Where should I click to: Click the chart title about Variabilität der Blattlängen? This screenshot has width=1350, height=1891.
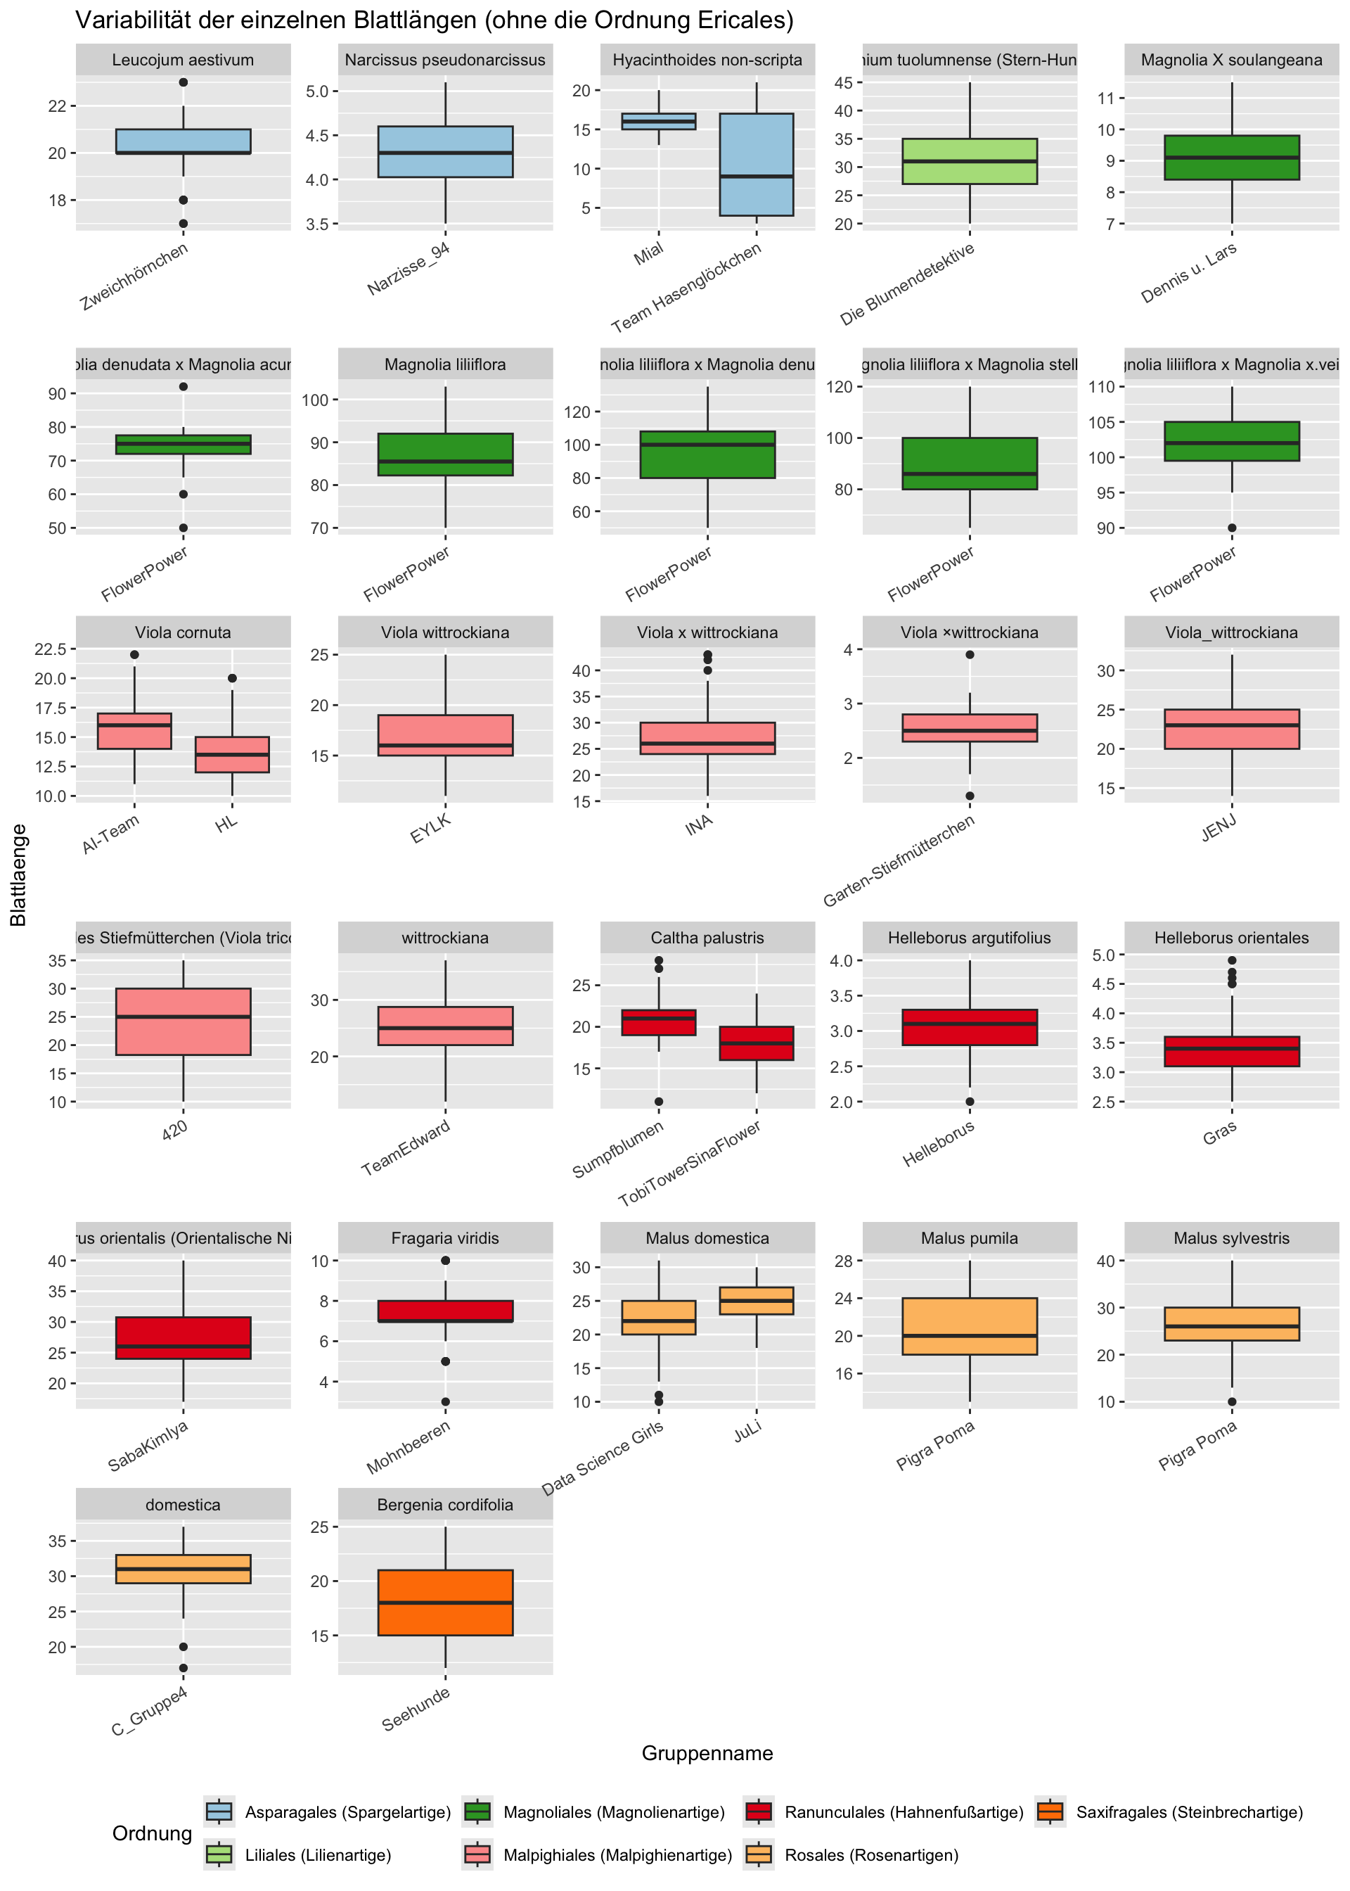[434, 20]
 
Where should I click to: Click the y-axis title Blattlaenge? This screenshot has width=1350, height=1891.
[18, 875]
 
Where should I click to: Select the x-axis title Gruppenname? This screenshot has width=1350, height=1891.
[707, 1753]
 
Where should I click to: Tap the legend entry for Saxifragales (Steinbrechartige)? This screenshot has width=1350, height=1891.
[1189, 1812]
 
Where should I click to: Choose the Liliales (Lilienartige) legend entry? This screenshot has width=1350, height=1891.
[318, 1855]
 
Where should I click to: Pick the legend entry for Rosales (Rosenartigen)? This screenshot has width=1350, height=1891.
[871, 1855]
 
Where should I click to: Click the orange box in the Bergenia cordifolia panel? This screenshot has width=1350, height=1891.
[445, 1602]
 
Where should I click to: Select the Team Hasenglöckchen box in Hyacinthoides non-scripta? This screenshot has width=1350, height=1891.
[756, 165]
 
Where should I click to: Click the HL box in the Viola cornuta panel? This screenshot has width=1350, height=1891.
[232, 754]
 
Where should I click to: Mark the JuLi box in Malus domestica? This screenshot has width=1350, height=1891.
[756, 1301]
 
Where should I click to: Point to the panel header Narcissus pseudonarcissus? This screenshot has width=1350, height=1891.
[445, 60]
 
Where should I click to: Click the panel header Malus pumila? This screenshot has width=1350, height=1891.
[970, 1238]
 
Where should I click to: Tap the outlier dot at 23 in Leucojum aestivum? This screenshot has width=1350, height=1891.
[183, 82]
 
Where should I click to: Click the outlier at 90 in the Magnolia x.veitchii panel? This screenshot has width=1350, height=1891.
[1232, 528]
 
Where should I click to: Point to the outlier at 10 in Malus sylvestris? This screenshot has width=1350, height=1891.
[1232, 1402]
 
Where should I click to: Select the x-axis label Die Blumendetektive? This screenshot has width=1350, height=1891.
[908, 284]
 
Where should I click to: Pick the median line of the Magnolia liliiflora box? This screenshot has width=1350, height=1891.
[445, 461]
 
